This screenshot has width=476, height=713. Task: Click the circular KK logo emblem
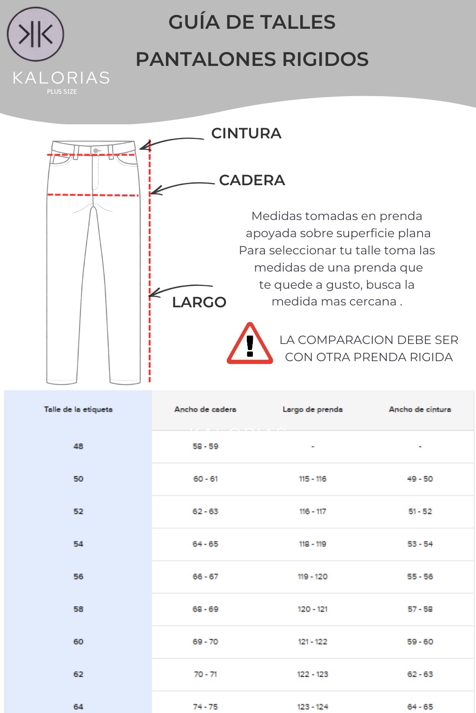click(35, 34)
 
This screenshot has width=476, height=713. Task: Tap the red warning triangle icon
click(250, 345)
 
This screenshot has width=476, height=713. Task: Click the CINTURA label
click(246, 133)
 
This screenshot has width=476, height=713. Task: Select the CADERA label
click(251, 180)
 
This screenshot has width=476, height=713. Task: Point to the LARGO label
click(199, 302)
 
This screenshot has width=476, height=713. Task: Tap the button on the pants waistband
click(96, 150)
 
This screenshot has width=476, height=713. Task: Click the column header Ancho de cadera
click(205, 409)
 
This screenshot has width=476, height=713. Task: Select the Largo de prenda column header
click(312, 409)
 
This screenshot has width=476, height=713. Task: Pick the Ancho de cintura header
click(420, 409)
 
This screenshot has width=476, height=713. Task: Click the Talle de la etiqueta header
click(78, 409)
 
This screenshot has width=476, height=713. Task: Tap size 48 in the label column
click(78, 446)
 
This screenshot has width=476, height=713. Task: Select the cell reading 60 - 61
click(205, 479)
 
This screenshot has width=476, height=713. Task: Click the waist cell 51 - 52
click(420, 511)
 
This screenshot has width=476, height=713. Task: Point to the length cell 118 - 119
click(312, 544)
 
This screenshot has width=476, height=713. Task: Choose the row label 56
click(78, 577)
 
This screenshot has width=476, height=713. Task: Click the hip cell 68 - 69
click(205, 609)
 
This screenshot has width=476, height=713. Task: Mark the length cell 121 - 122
click(312, 642)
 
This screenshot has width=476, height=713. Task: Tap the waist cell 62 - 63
click(420, 674)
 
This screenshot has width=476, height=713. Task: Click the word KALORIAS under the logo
click(61, 78)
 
